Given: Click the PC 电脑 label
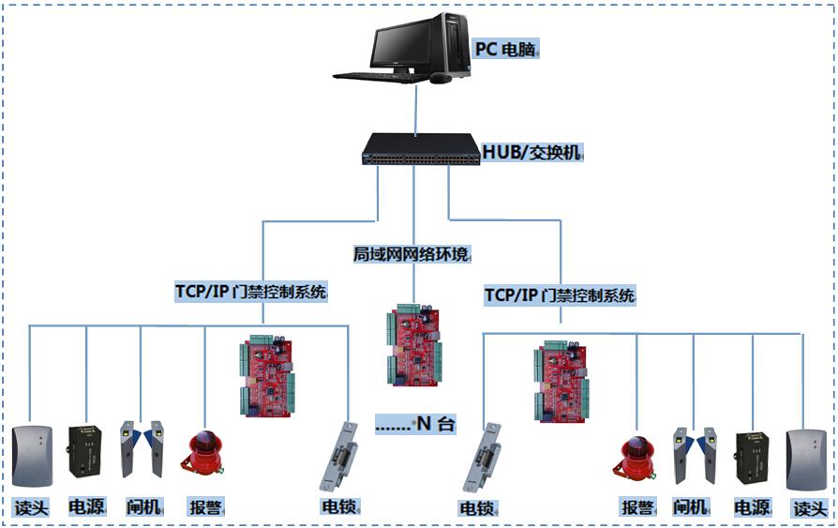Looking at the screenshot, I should [x=506, y=49].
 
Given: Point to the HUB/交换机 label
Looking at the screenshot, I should [x=531, y=152].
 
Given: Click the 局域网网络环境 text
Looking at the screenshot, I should [x=412, y=254].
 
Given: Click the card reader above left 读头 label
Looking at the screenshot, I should [x=36, y=457].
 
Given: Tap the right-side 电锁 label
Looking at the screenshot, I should [x=477, y=508].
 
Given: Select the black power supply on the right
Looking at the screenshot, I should [x=753, y=459].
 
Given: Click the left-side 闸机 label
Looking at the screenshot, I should [x=144, y=507].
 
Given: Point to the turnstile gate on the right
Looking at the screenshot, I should [x=693, y=457].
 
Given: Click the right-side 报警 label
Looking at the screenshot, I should [x=636, y=507].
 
